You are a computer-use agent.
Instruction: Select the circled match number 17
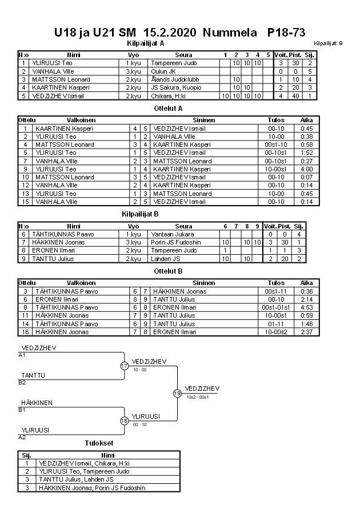click(x=124, y=366)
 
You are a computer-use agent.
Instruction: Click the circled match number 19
click(x=177, y=393)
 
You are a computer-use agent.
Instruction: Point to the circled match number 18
click(x=124, y=420)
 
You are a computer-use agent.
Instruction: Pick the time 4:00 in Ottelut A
click(x=306, y=169)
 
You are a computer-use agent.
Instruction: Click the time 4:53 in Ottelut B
click(x=306, y=307)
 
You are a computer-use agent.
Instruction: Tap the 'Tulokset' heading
click(x=99, y=443)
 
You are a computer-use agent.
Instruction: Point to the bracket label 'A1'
click(x=22, y=355)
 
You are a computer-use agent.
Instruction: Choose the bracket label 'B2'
click(x=22, y=382)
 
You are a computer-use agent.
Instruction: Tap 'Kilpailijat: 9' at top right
click(x=328, y=43)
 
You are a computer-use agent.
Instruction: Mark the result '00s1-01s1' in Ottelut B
click(x=276, y=307)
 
